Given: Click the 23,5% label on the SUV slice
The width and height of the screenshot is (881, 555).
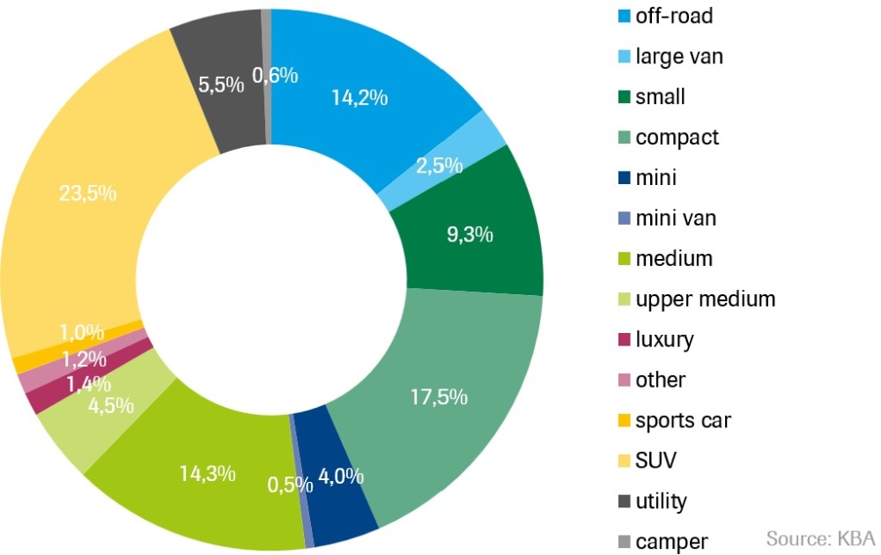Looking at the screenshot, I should tap(86, 193).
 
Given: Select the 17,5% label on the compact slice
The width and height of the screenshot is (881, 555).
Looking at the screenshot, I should tap(437, 396).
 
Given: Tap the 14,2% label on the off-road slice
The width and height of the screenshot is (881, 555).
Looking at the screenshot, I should tap(359, 97).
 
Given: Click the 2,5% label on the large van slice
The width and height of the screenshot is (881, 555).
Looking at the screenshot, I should tap(434, 165).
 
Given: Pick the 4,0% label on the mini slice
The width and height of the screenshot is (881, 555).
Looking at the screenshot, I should tap(340, 477).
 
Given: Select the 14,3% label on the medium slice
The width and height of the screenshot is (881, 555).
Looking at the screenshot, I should tap(207, 473).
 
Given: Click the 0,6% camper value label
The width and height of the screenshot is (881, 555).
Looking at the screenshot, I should tap(275, 76).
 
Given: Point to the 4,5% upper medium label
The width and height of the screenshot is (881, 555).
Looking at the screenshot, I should tap(110, 405).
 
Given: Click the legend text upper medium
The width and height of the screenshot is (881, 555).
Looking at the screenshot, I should tap(705, 299).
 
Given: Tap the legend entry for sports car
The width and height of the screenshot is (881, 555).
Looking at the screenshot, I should tap(683, 419).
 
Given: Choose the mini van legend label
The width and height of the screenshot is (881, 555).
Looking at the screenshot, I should tap(676, 218).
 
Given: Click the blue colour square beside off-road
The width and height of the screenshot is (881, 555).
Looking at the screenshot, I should tap(624, 16).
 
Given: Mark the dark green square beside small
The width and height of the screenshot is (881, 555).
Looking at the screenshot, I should tap(624, 97).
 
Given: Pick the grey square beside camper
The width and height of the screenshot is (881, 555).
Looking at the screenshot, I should tap(624, 542).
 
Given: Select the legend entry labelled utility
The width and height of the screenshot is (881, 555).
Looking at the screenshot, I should tap(661, 501).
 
